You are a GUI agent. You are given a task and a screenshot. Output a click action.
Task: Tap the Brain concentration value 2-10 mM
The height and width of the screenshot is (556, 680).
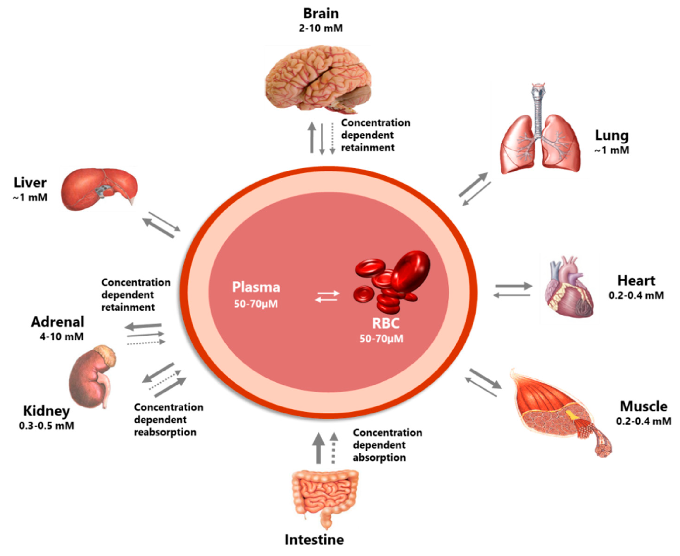pyautogui.click(x=321, y=28)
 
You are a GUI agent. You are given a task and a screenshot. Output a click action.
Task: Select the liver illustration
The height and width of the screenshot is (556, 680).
pyautogui.click(x=99, y=189)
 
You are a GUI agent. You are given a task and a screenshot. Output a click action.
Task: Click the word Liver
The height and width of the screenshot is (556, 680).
pyautogui.click(x=30, y=182)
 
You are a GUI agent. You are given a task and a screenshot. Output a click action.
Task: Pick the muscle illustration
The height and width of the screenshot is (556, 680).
pyautogui.click(x=557, y=413)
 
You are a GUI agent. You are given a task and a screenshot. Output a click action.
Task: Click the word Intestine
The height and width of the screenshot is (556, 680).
pyautogui.click(x=314, y=540)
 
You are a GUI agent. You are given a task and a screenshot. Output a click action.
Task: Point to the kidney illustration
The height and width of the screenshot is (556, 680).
pyautogui.click(x=91, y=378)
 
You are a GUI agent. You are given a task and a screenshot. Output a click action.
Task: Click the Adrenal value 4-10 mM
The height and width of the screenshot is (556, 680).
pyautogui.click(x=62, y=337)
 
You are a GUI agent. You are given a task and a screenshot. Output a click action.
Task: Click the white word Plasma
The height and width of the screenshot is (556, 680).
pyautogui.click(x=256, y=287)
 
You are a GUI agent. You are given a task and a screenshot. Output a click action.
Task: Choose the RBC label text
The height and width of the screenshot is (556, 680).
pyautogui.click(x=386, y=323)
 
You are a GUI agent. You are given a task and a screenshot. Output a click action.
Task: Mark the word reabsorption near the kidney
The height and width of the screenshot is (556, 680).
pyautogui.click(x=165, y=432)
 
